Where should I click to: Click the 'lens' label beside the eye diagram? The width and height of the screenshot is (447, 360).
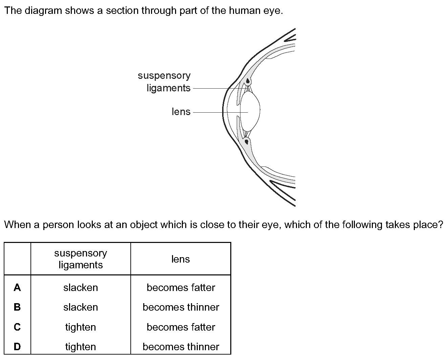[181, 112]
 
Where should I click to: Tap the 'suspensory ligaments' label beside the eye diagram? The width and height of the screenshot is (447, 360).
[164, 82]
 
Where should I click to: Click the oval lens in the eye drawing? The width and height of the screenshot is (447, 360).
[250, 111]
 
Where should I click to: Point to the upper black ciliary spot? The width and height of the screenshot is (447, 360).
[248, 81]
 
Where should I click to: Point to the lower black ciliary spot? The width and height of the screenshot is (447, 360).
[247, 142]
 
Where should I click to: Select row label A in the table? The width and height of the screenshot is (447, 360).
[17, 288]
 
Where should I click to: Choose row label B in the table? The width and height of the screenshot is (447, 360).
[17, 307]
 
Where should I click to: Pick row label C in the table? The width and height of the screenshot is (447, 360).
[17, 327]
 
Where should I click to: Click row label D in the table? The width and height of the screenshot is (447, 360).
[17, 346]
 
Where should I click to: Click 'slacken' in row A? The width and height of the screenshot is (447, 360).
[81, 288]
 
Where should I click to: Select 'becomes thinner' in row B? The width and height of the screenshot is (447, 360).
[181, 307]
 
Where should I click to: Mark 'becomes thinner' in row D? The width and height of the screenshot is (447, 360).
[181, 347]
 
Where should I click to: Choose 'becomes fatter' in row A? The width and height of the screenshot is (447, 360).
[181, 288]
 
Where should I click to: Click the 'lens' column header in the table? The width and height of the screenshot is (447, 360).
[180, 259]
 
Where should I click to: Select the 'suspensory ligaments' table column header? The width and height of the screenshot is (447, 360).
[81, 259]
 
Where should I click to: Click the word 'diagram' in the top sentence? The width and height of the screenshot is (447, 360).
[43, 11]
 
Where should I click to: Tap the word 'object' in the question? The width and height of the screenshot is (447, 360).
[144, 225]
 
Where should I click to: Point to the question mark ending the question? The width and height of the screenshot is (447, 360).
[440, 224]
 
